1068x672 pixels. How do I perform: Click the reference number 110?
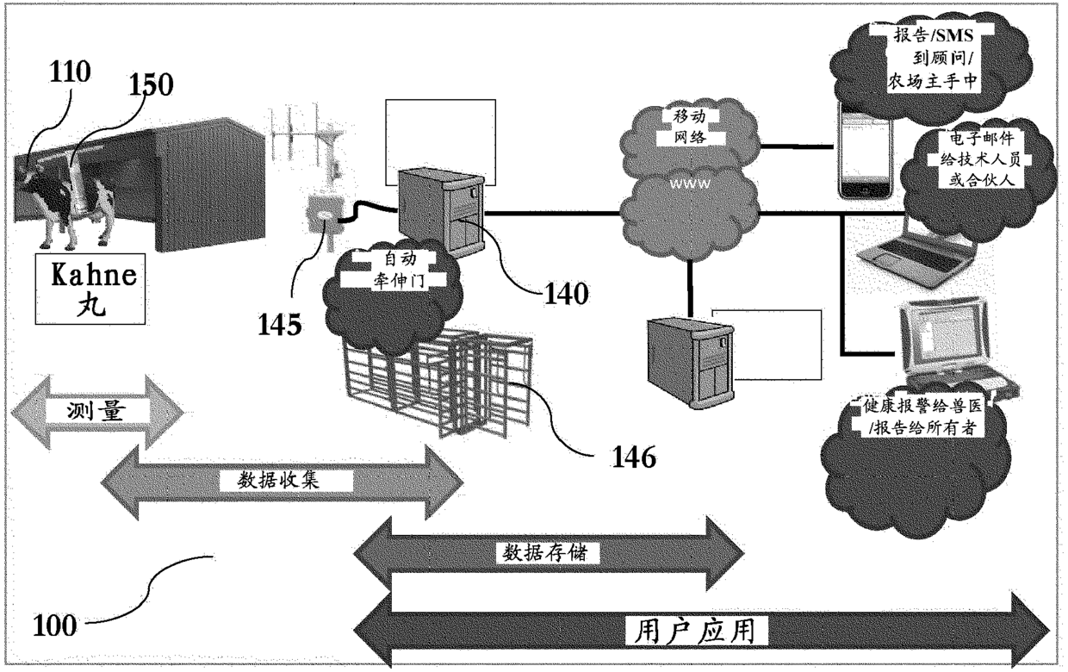(70, 72)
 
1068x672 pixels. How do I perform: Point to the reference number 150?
(152, 85)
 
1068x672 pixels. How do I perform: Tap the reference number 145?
(280, 325)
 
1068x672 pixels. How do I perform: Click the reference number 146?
(634, 457)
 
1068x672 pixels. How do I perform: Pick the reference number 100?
(55, 625)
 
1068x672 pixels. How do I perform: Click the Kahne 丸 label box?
(90, 289)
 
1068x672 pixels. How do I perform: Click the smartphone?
(866, 150)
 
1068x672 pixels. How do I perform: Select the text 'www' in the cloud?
(689, 184)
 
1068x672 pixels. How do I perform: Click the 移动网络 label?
(689, 127)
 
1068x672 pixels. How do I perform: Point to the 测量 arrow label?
(96, 411)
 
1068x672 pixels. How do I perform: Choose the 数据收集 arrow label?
(278, 480)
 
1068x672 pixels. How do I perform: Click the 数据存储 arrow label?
(545, 553)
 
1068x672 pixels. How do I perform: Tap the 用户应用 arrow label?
(694, 631)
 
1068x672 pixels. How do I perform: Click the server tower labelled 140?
(441, 212)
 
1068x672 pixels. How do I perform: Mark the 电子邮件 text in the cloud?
(982, 139)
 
